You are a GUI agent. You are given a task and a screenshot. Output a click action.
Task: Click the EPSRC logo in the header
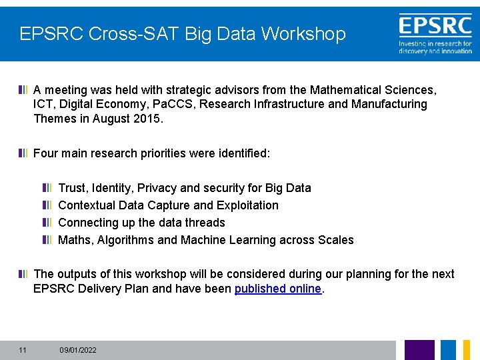pyautogui.click(x=435, y=33)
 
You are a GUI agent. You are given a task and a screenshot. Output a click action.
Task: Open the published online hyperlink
pyautogui.click(x=278, y=289)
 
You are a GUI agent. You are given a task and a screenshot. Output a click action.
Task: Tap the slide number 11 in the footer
pyautogui.click(x=23, y=350)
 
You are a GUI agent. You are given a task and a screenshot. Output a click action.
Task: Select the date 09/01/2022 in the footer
pyautogui.click(x=78, y=350)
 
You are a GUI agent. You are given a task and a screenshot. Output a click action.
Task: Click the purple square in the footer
pyautogui.click(x=419, y=349)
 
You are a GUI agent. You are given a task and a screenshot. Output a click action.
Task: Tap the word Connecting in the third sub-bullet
pyautogui.click(x=87, y=223)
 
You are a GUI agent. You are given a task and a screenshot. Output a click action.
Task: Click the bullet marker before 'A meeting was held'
pyautogui.click(x=23, y=89)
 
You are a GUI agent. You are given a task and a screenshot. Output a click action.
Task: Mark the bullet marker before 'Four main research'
pyautogui.click(x=23, y=153)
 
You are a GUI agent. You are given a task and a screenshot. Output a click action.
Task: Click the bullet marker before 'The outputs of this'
pyautogui.click(x=23, y=274)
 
